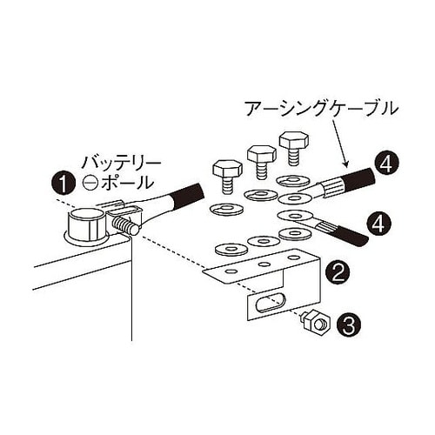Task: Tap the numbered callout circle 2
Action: pos(338,272)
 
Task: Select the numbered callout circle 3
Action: pos(346,326)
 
